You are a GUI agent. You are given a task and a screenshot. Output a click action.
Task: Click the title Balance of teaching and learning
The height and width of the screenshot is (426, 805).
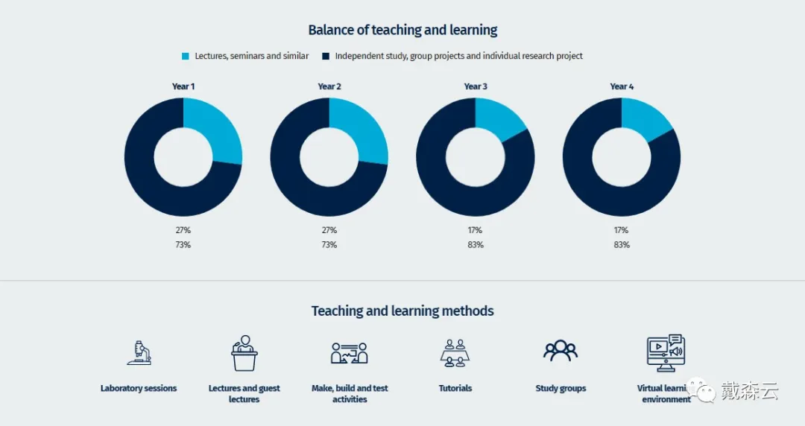(x=402, y=31)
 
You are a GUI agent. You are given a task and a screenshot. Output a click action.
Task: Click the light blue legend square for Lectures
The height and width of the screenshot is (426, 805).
(x=186, y=56)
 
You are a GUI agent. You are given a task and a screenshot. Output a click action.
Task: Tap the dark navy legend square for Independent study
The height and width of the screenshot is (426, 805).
(x=326, y=56)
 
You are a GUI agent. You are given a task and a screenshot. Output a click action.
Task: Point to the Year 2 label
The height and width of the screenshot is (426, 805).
(x=329, y=86)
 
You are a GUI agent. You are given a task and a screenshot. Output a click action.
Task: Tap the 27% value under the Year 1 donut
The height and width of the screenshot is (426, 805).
(x=183, y=230)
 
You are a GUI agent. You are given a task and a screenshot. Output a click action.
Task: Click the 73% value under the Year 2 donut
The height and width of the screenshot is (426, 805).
(x=329, y=245)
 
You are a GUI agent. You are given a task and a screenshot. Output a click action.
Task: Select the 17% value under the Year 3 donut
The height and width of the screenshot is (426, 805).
(x=476, y=230)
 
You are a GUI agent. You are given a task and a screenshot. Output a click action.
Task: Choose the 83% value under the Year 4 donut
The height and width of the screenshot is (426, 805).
(x=622, y=245)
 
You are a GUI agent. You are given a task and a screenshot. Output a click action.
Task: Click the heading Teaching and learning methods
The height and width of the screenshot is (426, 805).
(x=402, y=311)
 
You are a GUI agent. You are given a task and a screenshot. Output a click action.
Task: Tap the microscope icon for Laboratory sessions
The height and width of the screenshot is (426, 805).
(x=139, y=352)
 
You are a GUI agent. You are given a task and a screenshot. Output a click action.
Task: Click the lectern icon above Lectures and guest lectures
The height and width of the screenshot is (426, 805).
(x=244, y=353)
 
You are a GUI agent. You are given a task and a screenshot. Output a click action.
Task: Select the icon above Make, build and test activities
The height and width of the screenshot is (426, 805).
(x=350, y=352)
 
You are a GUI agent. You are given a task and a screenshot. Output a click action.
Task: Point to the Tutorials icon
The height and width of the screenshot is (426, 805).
(x=455, y=353)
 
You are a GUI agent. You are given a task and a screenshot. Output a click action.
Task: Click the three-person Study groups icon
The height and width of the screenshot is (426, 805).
(x=561, y=351)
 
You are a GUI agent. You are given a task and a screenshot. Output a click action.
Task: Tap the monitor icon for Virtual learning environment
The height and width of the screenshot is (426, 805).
(x=665, y=353)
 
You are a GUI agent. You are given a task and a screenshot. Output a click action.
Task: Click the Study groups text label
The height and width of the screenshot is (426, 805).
(x=561, y=388)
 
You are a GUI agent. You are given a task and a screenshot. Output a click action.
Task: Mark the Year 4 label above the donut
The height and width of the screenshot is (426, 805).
(x=622, y=86)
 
